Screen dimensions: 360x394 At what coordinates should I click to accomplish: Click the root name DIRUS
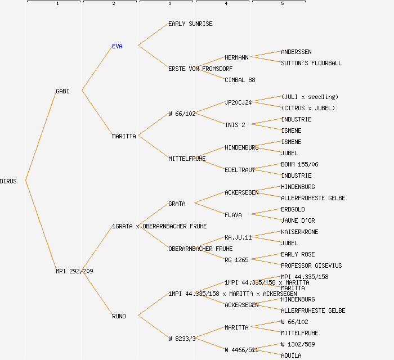8,181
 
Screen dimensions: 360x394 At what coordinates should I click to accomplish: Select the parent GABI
62,91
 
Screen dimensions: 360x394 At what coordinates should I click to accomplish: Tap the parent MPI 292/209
74,271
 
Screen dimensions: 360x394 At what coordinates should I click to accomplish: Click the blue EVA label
117,46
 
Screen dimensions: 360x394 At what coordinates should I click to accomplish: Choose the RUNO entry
119,316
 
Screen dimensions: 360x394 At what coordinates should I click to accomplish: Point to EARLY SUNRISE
190,24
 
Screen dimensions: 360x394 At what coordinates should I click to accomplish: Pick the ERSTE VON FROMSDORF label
200,69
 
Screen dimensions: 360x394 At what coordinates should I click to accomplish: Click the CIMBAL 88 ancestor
240,80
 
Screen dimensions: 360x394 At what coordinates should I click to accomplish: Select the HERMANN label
236,57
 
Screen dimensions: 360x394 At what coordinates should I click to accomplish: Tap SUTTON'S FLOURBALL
311,63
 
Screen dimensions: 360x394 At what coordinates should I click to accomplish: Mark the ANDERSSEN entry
296,52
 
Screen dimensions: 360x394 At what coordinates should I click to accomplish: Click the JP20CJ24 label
238,102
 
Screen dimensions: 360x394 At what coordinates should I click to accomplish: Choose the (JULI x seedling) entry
310,97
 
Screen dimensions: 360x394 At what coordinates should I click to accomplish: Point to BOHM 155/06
299,164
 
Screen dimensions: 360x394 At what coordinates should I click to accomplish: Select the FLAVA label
233,215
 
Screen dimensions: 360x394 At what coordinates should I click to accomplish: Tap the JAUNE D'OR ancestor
298,220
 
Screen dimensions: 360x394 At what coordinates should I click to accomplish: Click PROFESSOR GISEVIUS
311,265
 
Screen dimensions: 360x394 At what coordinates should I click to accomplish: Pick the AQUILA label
291,355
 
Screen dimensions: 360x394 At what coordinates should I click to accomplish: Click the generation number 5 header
283,4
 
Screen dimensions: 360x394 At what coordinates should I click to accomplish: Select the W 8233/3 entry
182,339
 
